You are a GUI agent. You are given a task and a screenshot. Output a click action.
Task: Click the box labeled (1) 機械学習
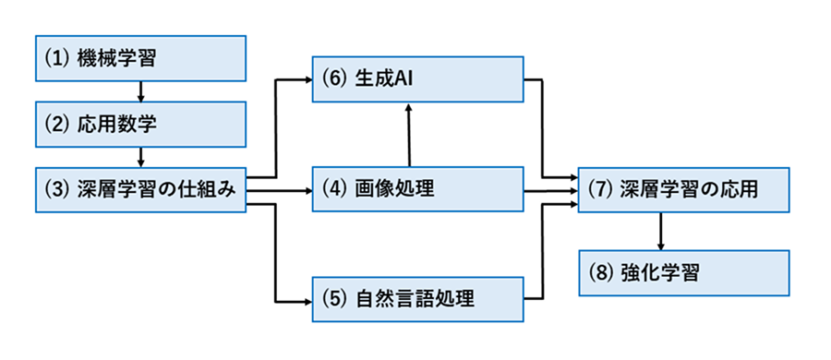coord(141,58)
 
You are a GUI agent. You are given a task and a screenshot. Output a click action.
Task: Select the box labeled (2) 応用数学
coord(141,124)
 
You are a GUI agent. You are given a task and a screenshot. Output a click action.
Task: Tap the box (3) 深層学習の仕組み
coord(141,191)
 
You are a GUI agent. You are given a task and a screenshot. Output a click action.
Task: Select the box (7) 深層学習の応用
coord(684,191)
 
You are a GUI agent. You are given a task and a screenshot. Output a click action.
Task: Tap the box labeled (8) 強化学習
coord(684,273)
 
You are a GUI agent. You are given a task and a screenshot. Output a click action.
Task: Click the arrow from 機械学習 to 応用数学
coord(140,90)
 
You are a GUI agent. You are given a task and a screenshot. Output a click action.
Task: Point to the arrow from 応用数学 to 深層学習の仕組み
coord(140,157)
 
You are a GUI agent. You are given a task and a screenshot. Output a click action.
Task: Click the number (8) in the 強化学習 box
coord(600,273)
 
